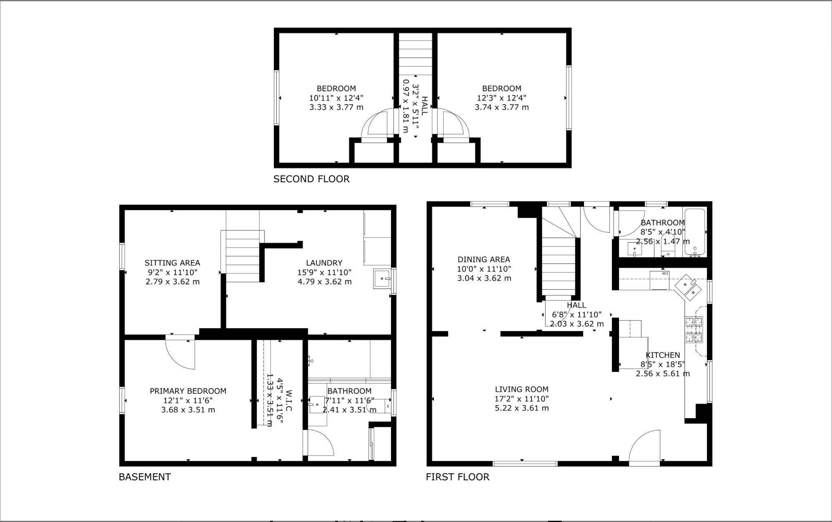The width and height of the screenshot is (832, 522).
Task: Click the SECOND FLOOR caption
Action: tap(311, 179)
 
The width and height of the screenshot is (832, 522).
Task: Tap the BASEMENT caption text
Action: tap(145, 477)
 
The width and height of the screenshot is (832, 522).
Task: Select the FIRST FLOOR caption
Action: tap(458, 477)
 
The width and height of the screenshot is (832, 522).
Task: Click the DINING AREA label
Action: tap(484, 259)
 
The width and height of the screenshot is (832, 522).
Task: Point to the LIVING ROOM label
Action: tap(522, 389)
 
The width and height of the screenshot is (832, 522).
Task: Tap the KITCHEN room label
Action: tap(663, 355)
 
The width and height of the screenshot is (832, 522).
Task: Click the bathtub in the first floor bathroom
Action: tap(695, 232)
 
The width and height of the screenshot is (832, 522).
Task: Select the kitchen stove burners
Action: tap(694, 329)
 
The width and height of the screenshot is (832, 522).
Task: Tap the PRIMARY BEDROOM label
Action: tap(188, 391)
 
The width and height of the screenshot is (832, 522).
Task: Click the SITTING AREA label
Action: tap(172, 263)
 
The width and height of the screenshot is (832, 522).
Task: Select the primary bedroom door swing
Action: tap(180, 352)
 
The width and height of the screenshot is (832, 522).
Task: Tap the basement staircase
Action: tap(242, 256)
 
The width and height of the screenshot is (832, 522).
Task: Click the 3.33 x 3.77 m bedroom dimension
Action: tap(336, 108)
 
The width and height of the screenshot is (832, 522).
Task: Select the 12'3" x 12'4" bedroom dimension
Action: tap(502, 98)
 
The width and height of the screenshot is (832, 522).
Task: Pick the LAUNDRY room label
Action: tap(324, 263)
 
